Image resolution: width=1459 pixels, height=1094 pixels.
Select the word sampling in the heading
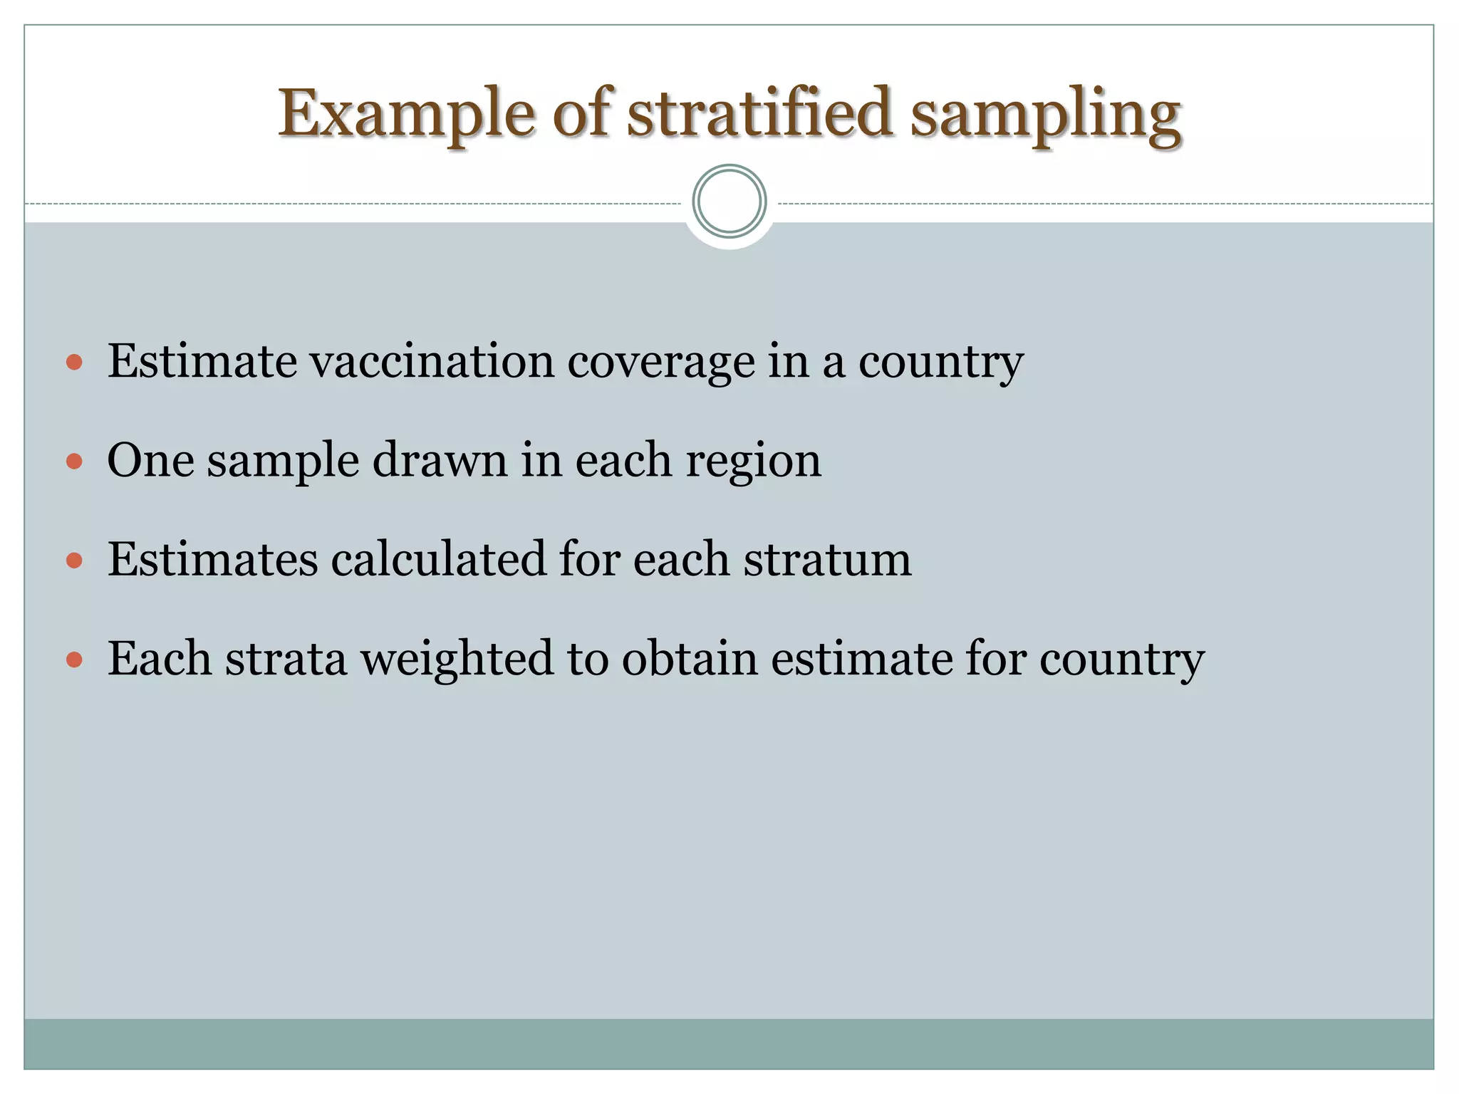point(1046,114)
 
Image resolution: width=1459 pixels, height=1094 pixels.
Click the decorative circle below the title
point(729,202)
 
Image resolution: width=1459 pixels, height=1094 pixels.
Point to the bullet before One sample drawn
point(74,462)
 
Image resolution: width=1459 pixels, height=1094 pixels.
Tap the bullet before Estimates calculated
point(74,561)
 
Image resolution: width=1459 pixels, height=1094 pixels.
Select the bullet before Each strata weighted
point(74,660)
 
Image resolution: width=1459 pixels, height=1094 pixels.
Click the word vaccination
point(431,361)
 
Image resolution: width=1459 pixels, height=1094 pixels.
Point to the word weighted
point(457,660)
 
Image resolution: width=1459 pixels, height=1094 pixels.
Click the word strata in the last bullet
point(286,659)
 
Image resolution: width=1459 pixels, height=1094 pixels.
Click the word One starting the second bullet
point(150,461)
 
